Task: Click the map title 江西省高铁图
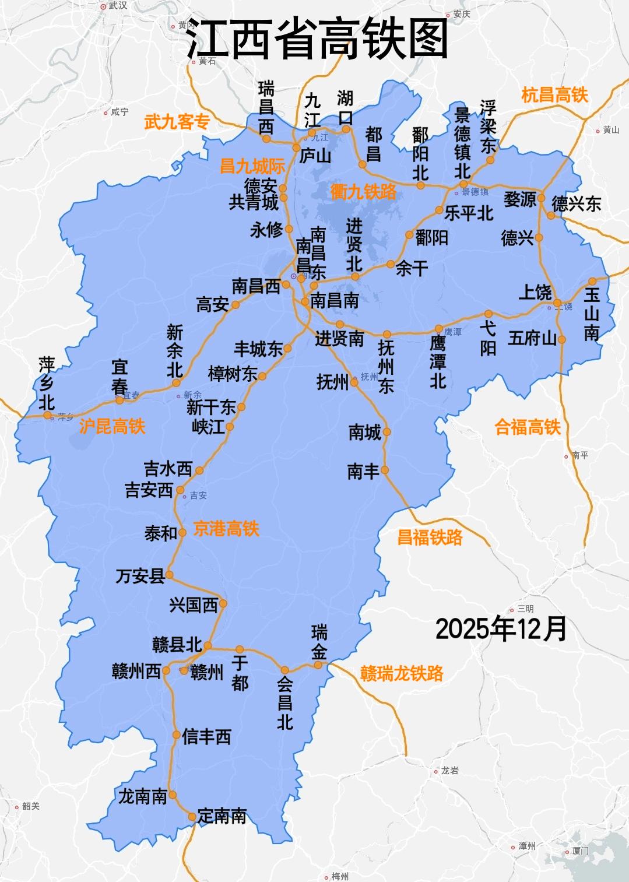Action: point(317,38)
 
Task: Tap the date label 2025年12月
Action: point(501,629)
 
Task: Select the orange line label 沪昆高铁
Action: point(112,426)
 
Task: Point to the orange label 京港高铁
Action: point(226,529)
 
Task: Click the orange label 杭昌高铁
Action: point(554,95)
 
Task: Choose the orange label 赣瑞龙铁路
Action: point(402,673)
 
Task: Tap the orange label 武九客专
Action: point(177,122)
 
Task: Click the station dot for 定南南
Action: point(192,817)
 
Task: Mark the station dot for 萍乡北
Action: point(48,415)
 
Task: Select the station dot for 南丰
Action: point(385,470)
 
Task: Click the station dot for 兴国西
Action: point(223,604)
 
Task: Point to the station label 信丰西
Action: point(207,737)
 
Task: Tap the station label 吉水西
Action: point(168,469)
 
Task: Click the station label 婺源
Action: point(519,199)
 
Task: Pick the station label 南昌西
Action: point(256,286)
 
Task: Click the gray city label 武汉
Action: point(118,6)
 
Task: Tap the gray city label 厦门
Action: point(580,851)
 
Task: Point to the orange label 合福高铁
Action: point(527,427)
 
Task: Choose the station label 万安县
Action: point(140,577)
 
